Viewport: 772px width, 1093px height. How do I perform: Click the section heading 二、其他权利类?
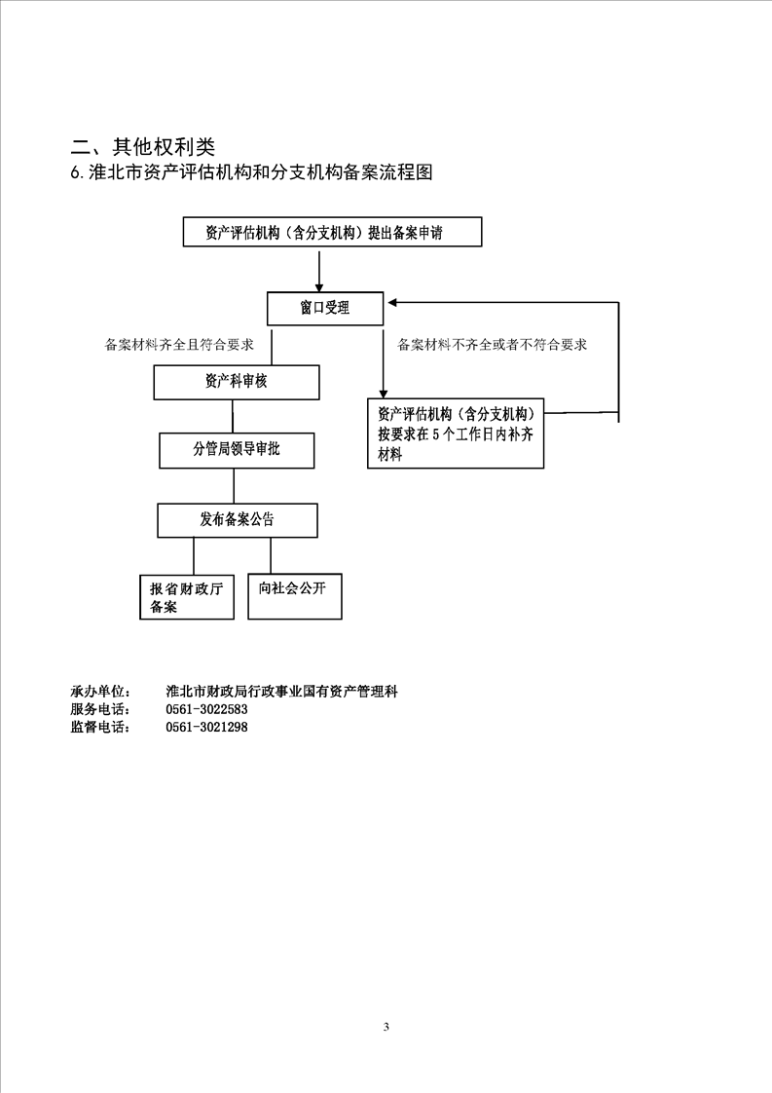tap(142, 147)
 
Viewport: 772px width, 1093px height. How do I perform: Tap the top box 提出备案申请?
tap(331, 233)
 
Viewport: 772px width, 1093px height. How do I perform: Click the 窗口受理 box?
tap(325, 309)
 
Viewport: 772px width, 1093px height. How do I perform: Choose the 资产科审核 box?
tap(236, 382)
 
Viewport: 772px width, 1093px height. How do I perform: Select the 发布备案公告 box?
tap(238, 520)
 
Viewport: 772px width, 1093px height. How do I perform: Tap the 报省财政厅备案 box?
tap(187, 597)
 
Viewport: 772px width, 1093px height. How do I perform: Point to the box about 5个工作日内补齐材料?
tap(455, 433)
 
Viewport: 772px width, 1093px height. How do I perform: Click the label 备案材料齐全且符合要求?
tap(179, 345)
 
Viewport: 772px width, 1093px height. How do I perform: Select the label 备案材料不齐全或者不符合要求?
tap(492, 345)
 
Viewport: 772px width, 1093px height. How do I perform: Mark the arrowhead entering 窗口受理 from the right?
tap(390, 303)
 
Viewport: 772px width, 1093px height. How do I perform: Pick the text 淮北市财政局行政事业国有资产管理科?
tap(282, 692)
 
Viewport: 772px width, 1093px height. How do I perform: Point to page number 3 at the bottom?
tap(386, 1027)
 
